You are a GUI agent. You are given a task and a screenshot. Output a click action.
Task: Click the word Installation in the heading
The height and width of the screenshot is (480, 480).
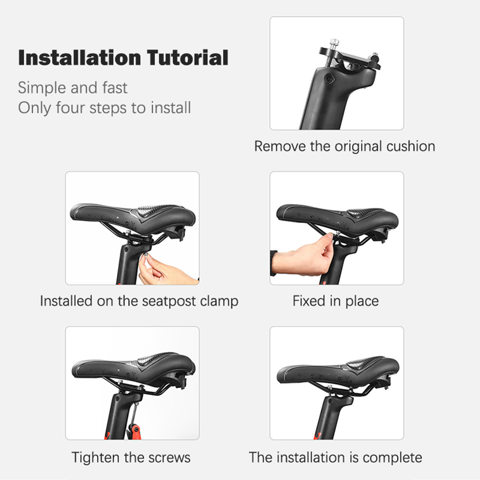coord(80,57)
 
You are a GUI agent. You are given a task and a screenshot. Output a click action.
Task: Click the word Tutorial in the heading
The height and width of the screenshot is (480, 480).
coord(188,57)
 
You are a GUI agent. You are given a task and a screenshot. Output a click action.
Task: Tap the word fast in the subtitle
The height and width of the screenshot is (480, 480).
coord(115,88)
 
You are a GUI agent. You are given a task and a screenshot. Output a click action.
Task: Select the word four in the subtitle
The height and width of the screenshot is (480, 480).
coord(70,108)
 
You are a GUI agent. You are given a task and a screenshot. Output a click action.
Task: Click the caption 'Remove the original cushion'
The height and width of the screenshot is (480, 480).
coord(345,146)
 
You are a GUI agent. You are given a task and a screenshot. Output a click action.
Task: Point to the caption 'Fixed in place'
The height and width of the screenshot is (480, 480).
coord(336,301)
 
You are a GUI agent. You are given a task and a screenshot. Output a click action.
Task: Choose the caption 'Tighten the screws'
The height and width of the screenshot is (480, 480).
coord(131,457)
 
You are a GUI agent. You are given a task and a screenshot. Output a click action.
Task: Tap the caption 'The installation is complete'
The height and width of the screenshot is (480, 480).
coord(335,457)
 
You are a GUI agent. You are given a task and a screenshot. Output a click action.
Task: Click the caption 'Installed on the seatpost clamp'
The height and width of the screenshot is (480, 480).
coord(139,301)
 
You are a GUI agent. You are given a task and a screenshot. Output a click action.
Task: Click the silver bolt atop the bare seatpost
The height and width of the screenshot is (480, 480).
coord(334,42)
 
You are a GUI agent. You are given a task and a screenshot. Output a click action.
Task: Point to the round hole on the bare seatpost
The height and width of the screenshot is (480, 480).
coord(329,79)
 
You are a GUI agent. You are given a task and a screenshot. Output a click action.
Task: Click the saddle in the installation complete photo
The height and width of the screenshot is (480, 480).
coord(338,370)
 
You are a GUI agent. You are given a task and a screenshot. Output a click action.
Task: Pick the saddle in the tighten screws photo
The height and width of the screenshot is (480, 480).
coord(134,369)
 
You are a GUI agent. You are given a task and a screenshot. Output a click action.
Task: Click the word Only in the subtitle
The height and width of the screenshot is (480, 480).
coord(34,108)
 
